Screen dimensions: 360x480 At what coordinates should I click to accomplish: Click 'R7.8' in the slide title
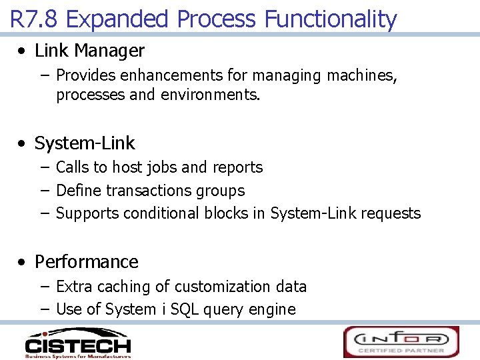tap(35, 19)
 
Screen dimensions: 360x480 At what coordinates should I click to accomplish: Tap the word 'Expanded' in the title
tap(117, 19)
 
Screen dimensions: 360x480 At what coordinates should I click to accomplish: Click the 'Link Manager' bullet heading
tap(89, 51)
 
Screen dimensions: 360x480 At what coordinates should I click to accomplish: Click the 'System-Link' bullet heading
tap(85, 143)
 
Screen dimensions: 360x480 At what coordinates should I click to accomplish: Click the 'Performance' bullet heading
tap(87, 262)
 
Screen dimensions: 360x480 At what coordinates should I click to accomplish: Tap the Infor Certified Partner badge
tap(401, 342)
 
